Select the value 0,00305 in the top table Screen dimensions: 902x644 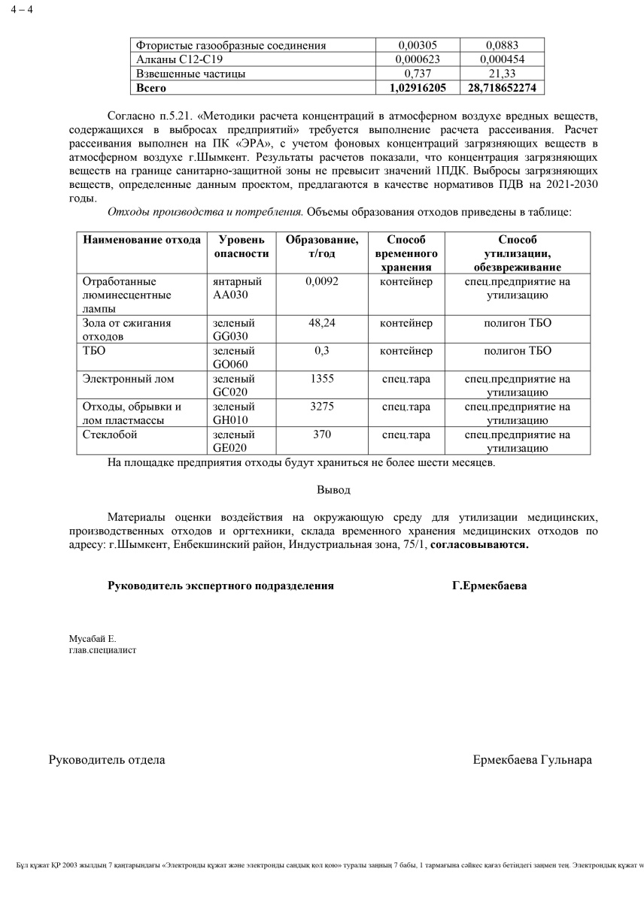(x=417, y=45)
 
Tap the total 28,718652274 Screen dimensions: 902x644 (x=502, y=88)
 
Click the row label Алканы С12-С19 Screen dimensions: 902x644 (x=178, y=59)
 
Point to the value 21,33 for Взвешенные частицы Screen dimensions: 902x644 (x=502, y=74)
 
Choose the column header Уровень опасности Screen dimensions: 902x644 (x=241, y=247)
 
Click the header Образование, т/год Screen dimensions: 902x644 (x=322, y=247)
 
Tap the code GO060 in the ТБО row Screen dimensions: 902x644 (x=231, y=365)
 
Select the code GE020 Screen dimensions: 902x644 (x=230, y=448)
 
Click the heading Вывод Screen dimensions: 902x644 (x=333, y=489)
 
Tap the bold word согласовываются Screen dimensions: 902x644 (x=479, y=544)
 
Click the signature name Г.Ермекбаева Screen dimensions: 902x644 (x=489, y=586)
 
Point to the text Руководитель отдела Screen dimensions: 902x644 (x=107, y=760)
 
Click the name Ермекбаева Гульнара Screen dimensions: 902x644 (x=532, y=760)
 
